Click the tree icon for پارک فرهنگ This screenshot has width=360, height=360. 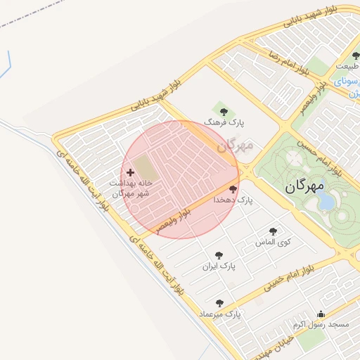(x=224, y=111)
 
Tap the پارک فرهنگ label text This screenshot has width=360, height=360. (x=224, y=122)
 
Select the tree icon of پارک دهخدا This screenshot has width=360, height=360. (x=233, y=189)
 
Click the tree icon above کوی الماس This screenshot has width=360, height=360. (x=273, y=231)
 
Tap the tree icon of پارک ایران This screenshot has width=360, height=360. (x=219, y=256)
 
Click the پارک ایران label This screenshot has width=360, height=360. (x=219, y=267)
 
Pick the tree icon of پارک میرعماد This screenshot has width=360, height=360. (x=219, y=303)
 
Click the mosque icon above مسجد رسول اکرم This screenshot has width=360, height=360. (x=321, y=314)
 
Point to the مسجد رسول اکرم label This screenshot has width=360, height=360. (x=321, y=325)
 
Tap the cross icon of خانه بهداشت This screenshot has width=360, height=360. (x=130, y=172)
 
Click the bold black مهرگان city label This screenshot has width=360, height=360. (x=305, y=186)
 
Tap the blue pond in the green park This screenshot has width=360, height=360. (x=327, y=202)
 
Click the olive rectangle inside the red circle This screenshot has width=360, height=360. (x=144, y=167)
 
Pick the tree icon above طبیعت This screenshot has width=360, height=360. (x=356, y=56)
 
